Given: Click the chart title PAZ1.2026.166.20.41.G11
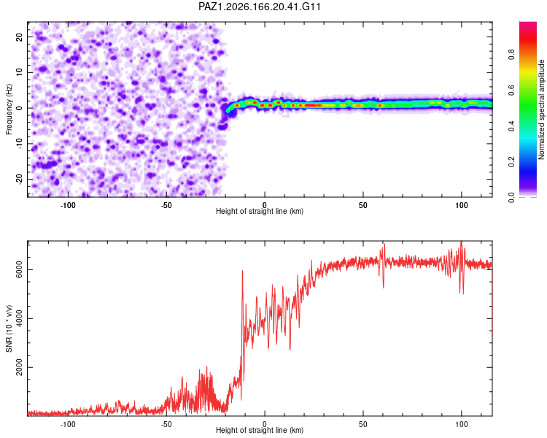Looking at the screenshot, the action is coord(260,7).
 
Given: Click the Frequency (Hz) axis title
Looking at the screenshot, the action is coord(9,109).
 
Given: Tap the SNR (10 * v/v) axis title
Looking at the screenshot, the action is coord(9,328).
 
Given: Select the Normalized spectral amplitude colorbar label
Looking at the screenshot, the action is coord(541,109).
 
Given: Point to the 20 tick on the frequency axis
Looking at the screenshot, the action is coord(19,36).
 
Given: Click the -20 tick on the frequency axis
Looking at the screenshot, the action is coord(19,179).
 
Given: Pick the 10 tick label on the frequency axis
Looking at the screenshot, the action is coord(19,72).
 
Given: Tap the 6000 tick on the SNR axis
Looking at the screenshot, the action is coord(19,269).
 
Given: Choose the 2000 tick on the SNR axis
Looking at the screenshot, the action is coord(19,367).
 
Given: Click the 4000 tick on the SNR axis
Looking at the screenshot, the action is coord(19,318).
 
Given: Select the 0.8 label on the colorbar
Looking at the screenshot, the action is coord(511,55).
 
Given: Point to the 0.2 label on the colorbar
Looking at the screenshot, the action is coord(511,162).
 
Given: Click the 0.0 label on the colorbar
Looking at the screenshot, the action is coord(511,198).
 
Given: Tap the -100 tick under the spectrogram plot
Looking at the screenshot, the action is coord(68,205).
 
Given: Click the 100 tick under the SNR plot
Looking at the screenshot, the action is coord(461,424).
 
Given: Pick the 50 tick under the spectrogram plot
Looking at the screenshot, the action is coord(362,205).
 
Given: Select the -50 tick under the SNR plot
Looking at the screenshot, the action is coord(166,424).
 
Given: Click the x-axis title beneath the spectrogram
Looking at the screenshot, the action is coord(260,211).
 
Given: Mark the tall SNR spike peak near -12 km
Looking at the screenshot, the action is coord(242,271).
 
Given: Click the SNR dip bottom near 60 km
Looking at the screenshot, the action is coord(384,287).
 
